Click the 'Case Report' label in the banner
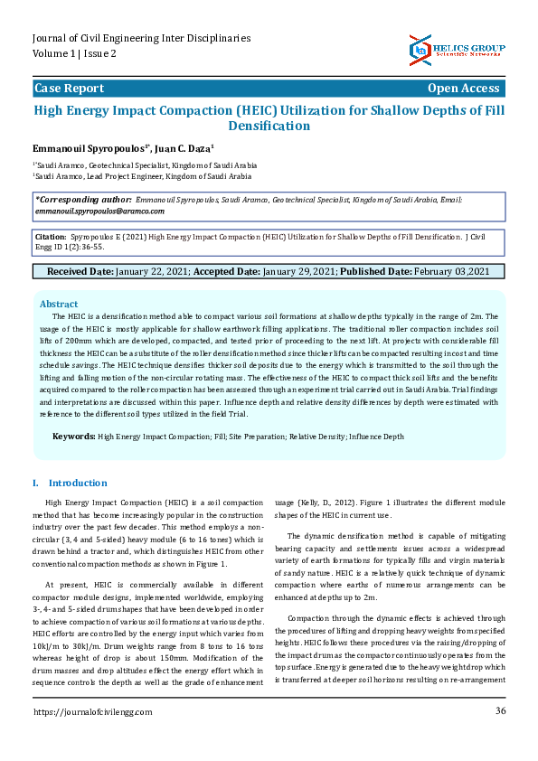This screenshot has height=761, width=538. (69, 89)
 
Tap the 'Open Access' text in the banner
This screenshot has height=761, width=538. (463, 89)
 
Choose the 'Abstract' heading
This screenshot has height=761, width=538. (59, 305)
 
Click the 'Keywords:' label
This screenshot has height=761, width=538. (73, 437)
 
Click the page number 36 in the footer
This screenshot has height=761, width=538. (500, 737)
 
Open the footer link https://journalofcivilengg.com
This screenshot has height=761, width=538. (93, 738)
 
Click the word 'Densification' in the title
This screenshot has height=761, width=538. (269, 126)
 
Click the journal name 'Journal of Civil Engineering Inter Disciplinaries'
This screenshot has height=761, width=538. (141, 39)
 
